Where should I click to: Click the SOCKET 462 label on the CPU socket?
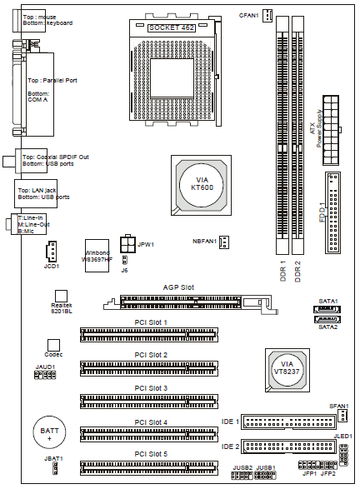click(172, 27)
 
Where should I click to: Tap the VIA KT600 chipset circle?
click(201, 185)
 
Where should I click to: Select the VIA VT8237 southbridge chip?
click(287, 370)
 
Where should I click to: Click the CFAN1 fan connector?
click(267, 15)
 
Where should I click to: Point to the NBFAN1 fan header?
click(224, 242)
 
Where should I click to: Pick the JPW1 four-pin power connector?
click(127, 243)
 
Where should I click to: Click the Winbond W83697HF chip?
click(97, 256)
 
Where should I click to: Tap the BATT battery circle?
click(49, 432)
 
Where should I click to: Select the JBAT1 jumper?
click(55, 468)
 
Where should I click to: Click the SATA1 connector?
click(327, 309)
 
